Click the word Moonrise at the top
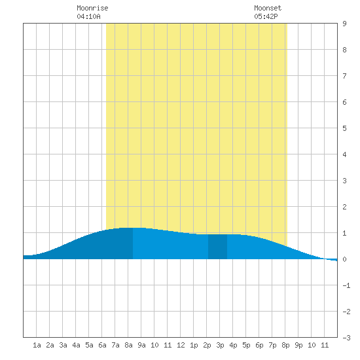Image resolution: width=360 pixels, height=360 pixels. click(92, 8)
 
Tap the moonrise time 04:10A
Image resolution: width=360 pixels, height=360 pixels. click(88, 16)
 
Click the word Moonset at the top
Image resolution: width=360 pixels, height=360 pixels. click(268, 8)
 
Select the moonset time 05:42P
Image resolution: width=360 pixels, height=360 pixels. click(266, 16)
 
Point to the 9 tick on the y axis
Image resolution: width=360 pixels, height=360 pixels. click(344, 24)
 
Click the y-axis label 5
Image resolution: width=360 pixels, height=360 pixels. click(344, 128)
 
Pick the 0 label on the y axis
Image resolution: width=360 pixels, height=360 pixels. click(344, 259)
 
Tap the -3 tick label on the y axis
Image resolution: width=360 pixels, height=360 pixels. click(346, 338)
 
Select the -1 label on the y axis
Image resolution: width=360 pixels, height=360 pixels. click(346, 285)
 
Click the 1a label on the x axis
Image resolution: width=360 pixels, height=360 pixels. click(37, 345)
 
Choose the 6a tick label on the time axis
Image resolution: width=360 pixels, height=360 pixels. click(102, 345)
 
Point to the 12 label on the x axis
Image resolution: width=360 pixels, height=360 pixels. click(181, 345)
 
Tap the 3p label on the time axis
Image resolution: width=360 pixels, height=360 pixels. click(220, 345)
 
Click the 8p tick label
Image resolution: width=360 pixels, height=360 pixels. click(285, 345)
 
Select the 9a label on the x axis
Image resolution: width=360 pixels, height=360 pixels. click(141, 345)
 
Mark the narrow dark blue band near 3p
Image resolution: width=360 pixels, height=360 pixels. click(218, 247)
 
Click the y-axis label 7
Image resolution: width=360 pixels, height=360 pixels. click(344, 76)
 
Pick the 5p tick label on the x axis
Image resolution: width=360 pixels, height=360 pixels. click(246, 345)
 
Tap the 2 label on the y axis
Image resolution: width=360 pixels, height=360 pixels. click(344, 207)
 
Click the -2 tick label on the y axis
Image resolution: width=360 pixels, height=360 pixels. click(346, 312)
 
